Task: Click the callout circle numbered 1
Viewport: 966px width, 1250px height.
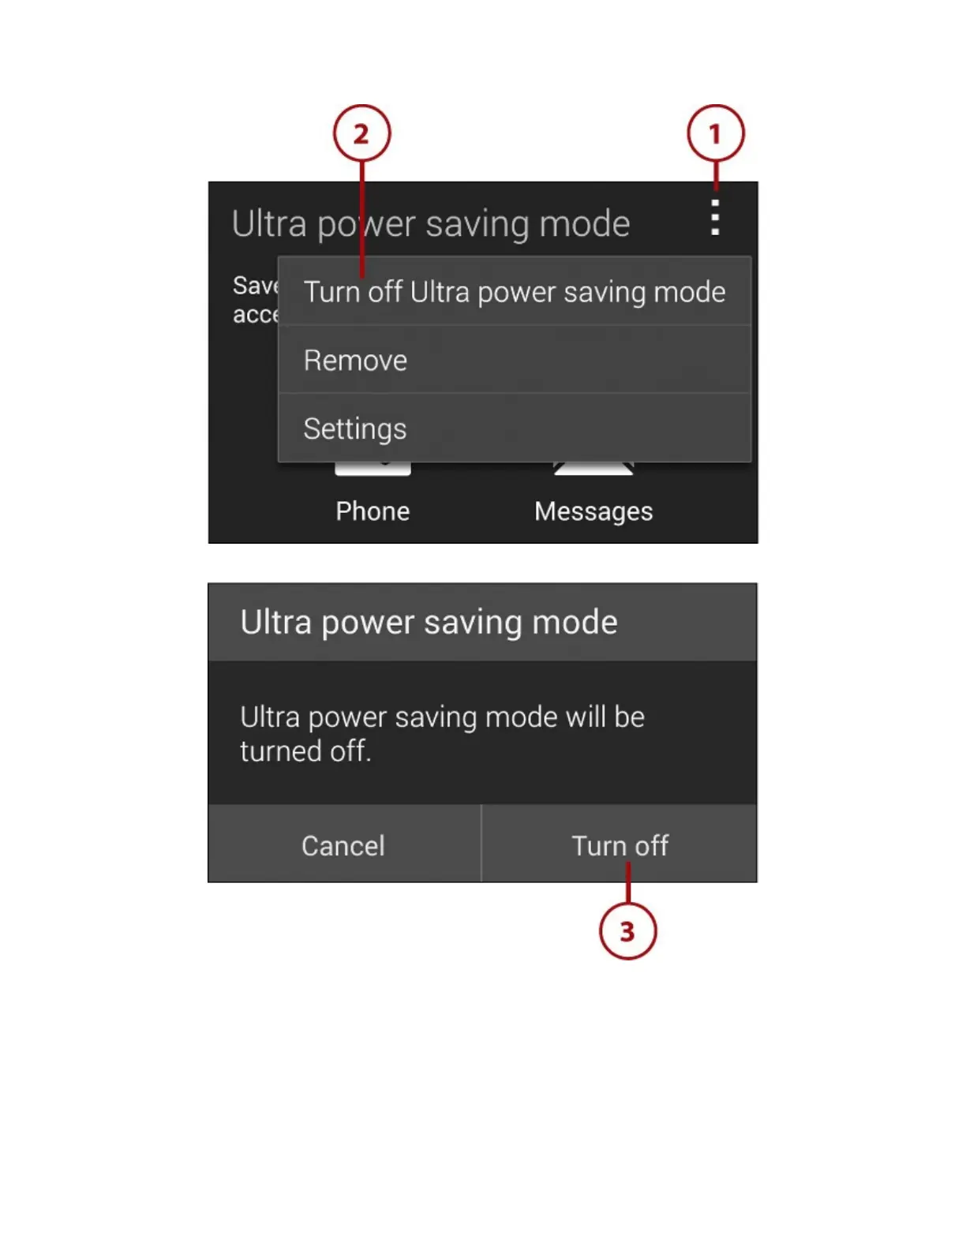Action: point(715,133)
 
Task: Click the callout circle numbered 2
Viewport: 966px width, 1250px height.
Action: point(361,133)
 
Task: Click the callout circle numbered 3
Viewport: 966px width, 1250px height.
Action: point(627,931)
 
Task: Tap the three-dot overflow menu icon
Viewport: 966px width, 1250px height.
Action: point(715,218)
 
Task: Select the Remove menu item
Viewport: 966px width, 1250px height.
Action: point(355,361)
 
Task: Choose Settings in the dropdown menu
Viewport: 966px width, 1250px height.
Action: point(355,429)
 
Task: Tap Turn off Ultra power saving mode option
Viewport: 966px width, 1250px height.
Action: point(515,293)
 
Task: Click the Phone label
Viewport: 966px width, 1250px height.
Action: point(373,511)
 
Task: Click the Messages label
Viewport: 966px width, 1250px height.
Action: point(593,511)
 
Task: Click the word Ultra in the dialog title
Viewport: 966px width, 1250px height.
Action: point(275,623)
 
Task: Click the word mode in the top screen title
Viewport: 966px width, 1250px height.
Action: point(585,224)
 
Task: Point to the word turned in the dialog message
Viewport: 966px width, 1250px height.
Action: point(281,751)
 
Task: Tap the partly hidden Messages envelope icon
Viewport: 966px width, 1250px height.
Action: point(593,469)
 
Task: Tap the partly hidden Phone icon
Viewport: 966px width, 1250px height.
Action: point(373,469)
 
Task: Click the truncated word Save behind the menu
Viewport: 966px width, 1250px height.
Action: point(255,286)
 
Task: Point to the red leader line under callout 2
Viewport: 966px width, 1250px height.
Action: point(362,213)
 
